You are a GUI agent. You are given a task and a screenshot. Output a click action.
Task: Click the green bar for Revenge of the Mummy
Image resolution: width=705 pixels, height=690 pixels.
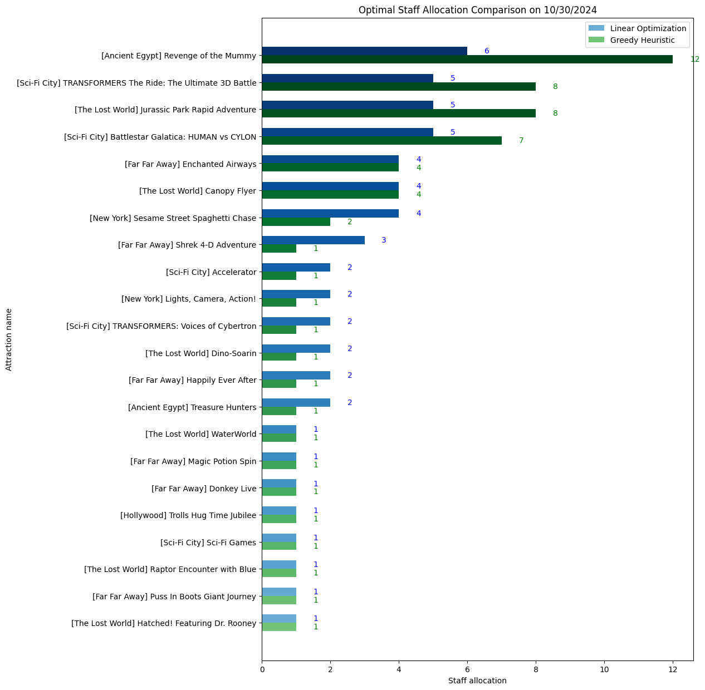(467, 60)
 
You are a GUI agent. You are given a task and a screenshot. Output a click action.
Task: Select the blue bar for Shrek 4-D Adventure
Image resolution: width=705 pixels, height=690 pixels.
(313, 240)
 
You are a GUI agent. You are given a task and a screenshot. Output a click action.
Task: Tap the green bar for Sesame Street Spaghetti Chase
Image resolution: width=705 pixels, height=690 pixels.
(296, 222)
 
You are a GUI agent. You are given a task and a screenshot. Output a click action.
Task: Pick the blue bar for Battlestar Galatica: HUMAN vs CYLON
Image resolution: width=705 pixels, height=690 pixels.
(347, 132)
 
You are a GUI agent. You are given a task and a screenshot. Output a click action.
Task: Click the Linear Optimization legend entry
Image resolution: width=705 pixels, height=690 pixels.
(638, 28)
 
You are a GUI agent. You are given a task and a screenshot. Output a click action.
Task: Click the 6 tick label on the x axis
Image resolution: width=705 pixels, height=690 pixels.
(467, 669)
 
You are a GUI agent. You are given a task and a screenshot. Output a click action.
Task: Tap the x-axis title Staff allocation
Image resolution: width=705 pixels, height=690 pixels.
(477, 681)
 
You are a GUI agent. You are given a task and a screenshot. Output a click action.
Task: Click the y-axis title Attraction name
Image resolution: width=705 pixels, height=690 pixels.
(9, 339)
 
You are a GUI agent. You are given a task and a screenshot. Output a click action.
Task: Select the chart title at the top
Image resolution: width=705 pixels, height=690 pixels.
(477, 9)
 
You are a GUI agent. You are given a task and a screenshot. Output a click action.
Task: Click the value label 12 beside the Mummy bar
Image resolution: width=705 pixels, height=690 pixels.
(694, 60)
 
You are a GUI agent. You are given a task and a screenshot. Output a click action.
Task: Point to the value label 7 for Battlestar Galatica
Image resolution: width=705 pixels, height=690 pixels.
(521, 141)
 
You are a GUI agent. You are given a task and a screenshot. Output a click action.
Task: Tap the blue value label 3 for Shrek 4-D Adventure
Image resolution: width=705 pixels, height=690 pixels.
(384, 240)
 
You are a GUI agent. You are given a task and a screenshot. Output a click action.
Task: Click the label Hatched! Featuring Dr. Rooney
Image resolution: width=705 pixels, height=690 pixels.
(164, 623)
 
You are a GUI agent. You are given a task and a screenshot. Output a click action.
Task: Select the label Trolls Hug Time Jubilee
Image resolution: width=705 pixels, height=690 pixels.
(188, 515)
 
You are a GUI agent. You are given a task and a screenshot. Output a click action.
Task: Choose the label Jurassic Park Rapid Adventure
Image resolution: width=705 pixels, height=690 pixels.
(165, 110)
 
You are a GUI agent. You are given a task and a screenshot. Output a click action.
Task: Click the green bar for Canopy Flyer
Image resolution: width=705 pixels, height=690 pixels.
(330, 195)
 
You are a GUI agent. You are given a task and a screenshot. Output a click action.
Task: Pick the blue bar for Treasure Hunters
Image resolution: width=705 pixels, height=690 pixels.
(296, 402)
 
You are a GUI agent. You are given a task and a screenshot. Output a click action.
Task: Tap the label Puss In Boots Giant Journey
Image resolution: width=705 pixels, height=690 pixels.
(174, 597)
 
